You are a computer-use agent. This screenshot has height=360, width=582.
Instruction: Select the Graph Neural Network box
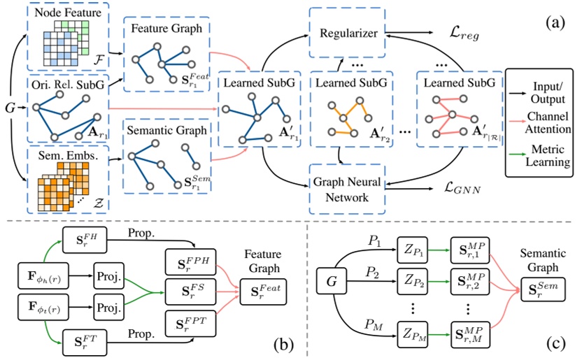coord(345,189)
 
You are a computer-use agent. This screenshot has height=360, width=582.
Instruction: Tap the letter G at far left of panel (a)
coord(9,110)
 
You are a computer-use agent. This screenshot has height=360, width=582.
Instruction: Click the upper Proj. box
coord(109,269)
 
